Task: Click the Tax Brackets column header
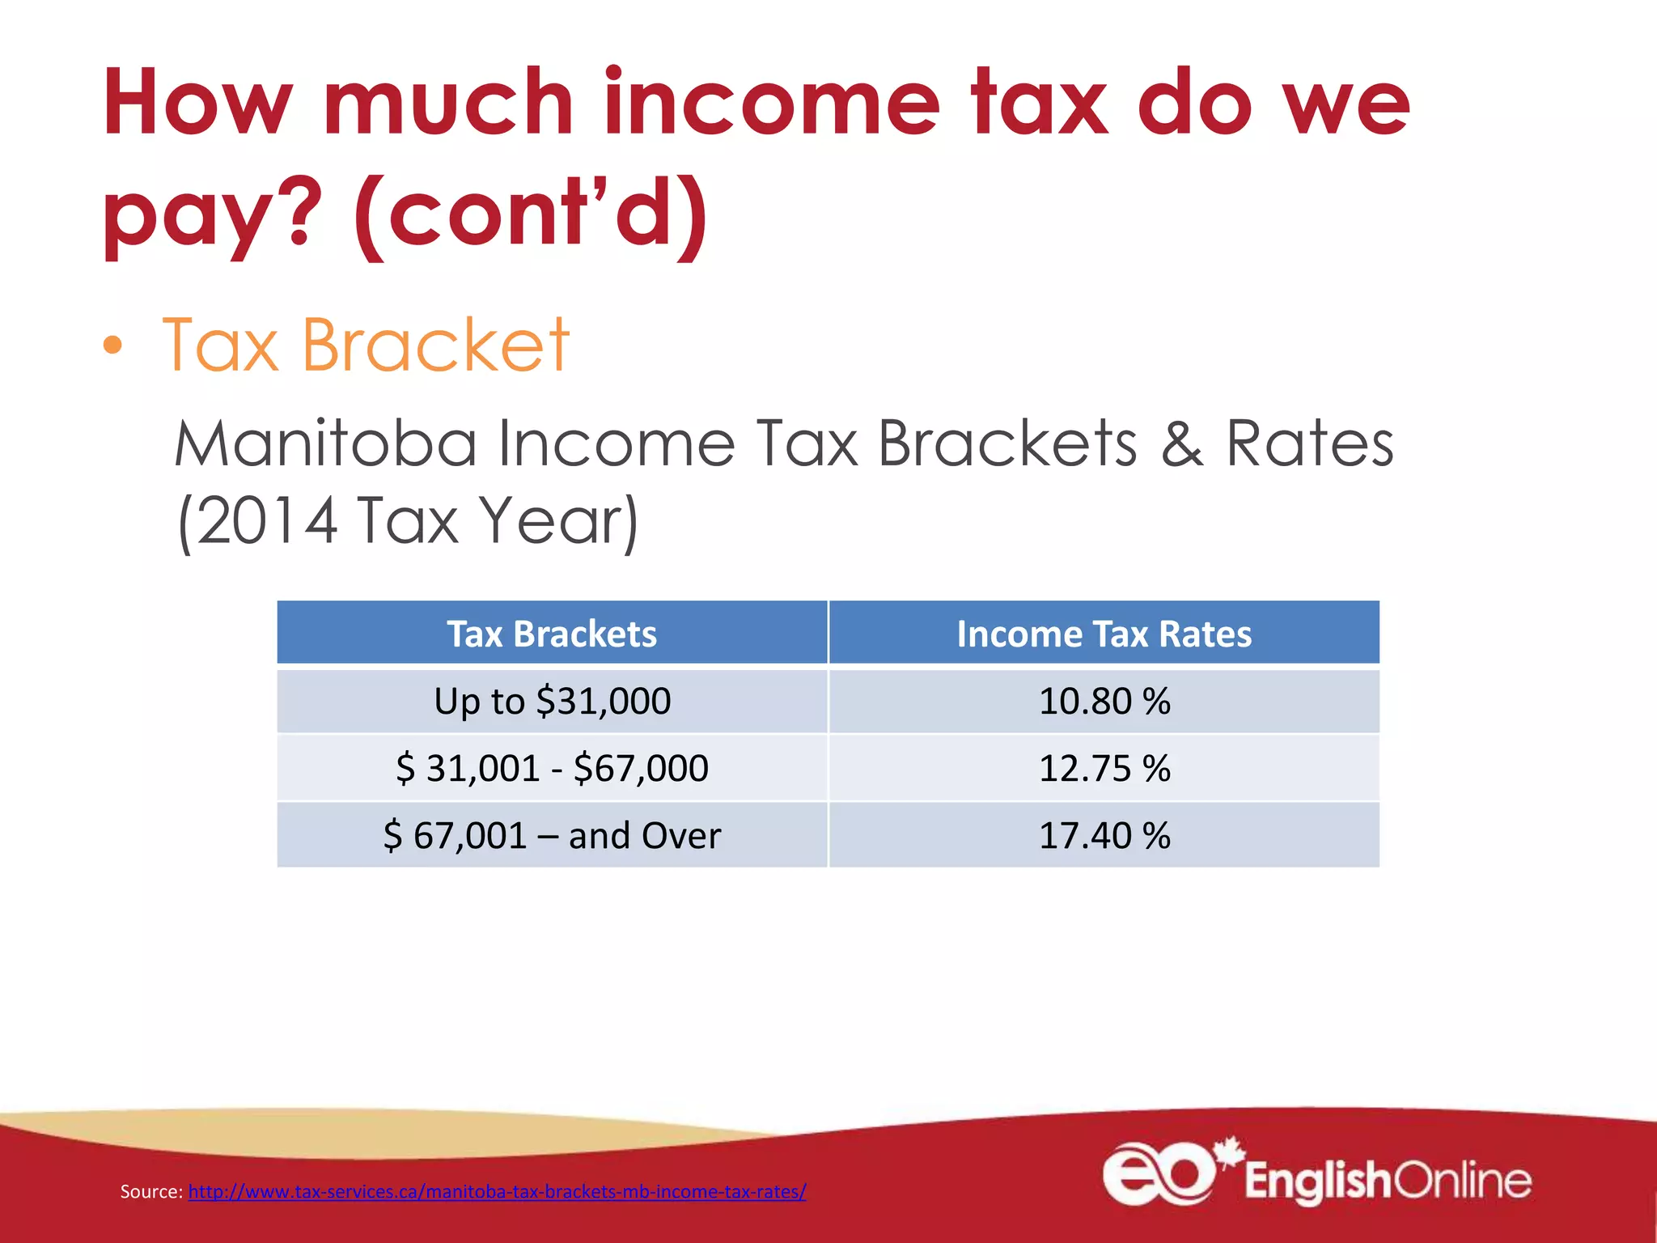point(552,634)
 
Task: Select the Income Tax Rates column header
point(1104,634)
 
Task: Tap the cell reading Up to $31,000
point(552,701)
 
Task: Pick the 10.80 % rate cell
point(1104,701)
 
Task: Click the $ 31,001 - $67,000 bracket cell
point(552,768)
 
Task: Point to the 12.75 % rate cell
point(1104,768)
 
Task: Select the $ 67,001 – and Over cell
point(552,835)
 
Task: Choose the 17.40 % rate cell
point(1104,835)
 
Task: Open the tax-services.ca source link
point(497,1191)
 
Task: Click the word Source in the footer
point(150,1191)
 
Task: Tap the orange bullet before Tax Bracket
point(113,346)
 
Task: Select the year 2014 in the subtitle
point(266,520)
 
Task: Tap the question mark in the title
point(299,212)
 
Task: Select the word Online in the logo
point(1463,1181)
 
